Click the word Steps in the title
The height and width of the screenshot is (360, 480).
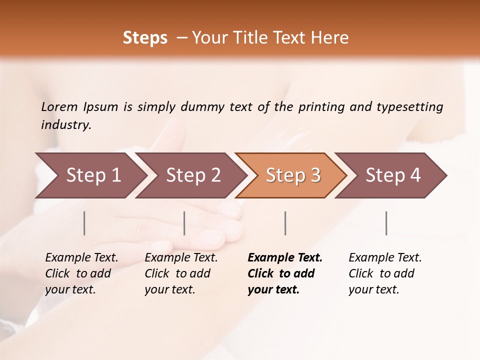pos(145,38)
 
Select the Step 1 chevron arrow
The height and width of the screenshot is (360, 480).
pos(93,175)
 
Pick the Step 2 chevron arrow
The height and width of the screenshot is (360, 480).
pos(193,175)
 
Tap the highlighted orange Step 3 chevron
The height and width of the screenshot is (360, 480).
pos(293,175)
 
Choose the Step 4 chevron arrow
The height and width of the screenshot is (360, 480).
pos(393,175)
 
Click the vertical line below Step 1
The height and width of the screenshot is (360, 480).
pos(84,223)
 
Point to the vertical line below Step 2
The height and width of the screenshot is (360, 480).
pos(184,223)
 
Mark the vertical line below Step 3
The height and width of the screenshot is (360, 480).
pos(285,223)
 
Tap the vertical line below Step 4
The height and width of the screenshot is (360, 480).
pos(386,223)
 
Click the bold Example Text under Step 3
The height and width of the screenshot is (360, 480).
pos(285,258)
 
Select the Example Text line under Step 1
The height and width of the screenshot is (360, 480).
pos(81,258)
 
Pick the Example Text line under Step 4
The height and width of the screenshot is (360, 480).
pos(385,258)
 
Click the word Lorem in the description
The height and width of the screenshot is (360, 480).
pos(59,106)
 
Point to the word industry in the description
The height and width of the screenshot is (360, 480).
pos(66,125)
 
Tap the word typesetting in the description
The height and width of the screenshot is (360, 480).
pos(409,106)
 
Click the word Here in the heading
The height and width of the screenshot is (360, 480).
pos(330,38)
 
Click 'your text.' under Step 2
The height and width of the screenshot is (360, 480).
pos(169,290)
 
